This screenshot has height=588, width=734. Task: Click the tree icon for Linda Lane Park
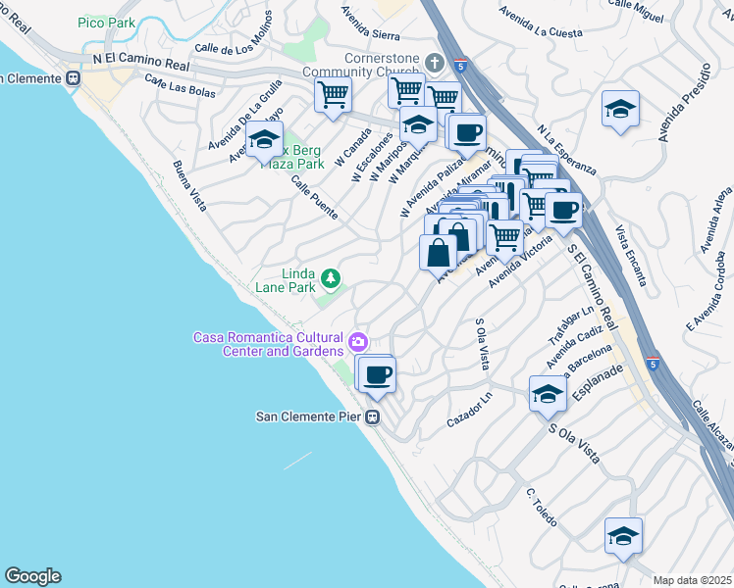point(332,279)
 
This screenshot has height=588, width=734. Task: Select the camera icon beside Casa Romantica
point(358,342)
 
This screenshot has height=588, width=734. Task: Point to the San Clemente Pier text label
point(309,416)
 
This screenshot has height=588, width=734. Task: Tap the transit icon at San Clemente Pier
point(373,416)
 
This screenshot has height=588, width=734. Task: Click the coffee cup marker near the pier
point(377,373)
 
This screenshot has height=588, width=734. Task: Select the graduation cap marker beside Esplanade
point(548,394)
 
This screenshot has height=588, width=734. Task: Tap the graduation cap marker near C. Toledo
point(623,535)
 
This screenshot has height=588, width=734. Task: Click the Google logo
point(32,576)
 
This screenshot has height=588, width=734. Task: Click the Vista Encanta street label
point(631,257)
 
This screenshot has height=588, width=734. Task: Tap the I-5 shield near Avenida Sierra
point(460,66)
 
